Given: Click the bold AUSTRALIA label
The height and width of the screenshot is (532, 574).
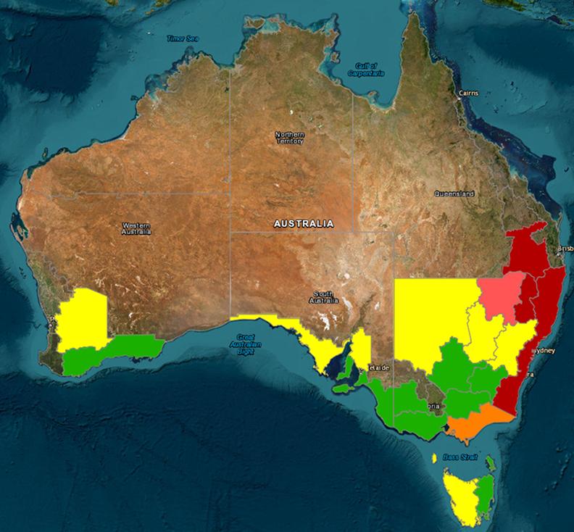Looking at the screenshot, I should tap(304, 223).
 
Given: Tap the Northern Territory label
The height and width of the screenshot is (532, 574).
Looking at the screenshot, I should tap(290, 138).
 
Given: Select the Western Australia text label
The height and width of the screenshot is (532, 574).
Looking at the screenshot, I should tap(137, 228).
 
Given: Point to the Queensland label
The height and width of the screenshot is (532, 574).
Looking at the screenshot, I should tap(454, 194).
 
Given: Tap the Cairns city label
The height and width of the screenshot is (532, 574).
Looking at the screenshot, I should tap(470, 93).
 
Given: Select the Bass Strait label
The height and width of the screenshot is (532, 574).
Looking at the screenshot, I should tap(465, 457).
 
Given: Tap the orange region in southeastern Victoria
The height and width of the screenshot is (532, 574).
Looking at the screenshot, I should tap(475, 423).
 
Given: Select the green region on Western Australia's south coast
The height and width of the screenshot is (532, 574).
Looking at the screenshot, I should tap(109, 353).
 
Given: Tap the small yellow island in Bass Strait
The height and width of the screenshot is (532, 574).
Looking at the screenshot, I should tap(435, 459).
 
